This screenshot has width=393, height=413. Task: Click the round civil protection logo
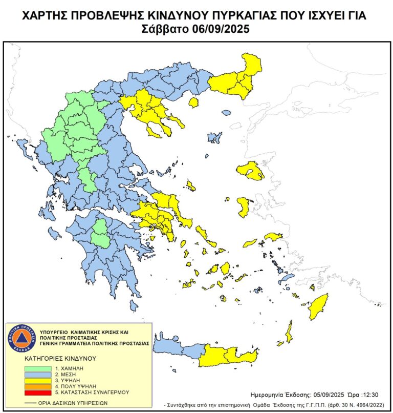click(x=20, y=338)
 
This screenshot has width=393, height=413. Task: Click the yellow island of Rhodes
click(x=318, y=306)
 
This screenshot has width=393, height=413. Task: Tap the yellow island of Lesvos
click(x=250, y=171)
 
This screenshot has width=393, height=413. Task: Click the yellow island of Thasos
click(x=193, y=103)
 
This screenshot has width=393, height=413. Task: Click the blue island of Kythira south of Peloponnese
click(x=134, y=306)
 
